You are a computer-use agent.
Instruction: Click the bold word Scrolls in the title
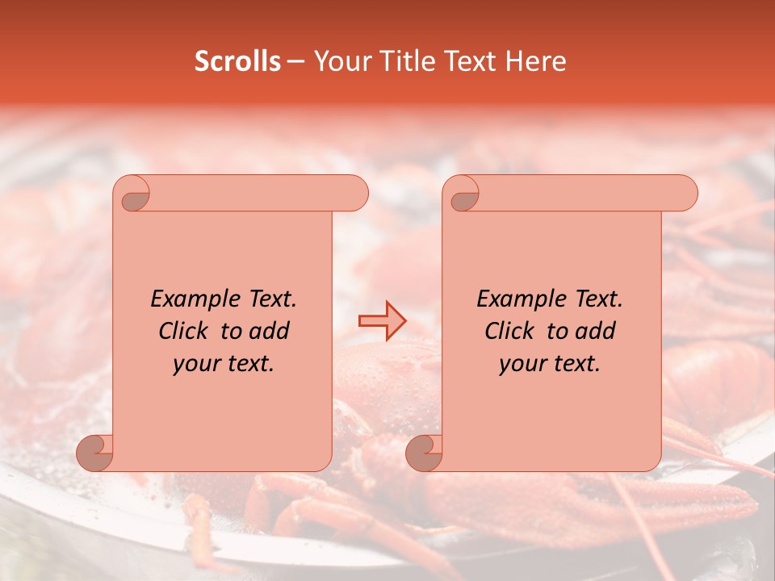click(x=237, y=61)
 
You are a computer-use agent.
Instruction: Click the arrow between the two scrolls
click(x=382, y=320)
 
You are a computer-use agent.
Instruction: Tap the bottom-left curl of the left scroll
click(x=95, y=453)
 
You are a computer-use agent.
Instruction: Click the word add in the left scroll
click(x=268, y=331)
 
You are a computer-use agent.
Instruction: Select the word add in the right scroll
click(x=594, y=331)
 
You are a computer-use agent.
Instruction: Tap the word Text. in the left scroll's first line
click(x=269, y=299)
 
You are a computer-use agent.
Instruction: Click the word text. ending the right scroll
click(x=574, y=364)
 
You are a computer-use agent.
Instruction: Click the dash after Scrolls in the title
click(x=295, y=62)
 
